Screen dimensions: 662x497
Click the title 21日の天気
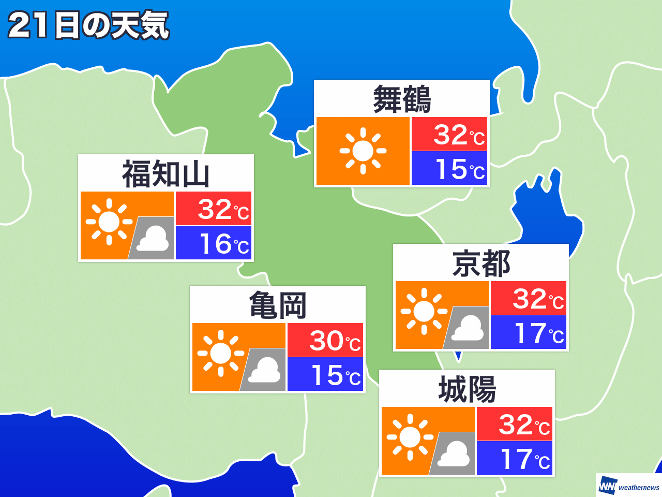[88, 25]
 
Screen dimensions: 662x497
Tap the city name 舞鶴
[402, 99]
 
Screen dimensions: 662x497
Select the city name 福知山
[166, 174]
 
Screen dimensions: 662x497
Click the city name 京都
[481, 264]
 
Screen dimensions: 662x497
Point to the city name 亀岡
[278, 305]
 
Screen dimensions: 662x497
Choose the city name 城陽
[467, 389]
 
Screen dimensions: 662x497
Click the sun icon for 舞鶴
[363, 151]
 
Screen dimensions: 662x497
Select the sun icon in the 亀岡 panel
[221, 353]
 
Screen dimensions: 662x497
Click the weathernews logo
[629, 486]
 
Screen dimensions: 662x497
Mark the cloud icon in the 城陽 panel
[454, 455]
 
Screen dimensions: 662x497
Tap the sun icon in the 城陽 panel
[410, 437]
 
